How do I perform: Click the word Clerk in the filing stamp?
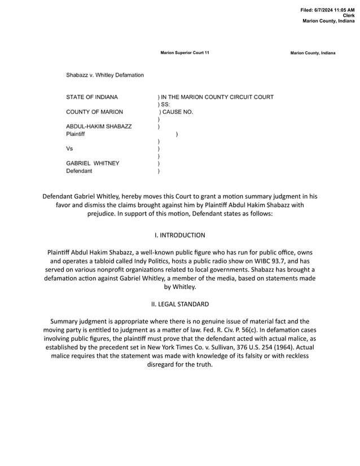point(349,15)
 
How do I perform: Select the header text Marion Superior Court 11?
point(185,52)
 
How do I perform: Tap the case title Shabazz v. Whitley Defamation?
point(105,75)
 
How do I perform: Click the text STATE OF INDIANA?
point(92,97)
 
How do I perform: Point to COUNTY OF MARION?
point(94,112)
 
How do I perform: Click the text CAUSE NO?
point(177,112)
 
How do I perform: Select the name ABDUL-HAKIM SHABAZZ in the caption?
point(99,126)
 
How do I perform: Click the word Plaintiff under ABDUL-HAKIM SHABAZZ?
point(76,134)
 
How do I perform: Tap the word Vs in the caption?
point(70,149)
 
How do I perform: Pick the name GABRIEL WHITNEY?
point(93,163)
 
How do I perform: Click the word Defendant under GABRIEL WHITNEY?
point(79,170)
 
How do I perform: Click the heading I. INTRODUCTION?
point(180,235)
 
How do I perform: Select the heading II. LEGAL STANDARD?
point(180,304)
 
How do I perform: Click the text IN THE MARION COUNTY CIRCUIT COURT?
point(217,97)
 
